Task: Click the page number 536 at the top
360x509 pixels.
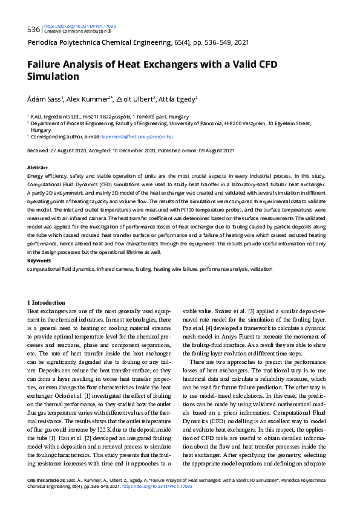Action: tap(33, 29)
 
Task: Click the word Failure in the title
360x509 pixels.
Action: tap(47, 65)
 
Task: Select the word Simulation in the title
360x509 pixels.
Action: tap(54, 77)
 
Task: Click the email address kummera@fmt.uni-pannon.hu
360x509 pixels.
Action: tap(137, 137)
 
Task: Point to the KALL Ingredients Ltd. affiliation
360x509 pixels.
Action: tap(59, 115)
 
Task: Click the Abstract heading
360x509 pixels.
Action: tap(38, 166)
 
